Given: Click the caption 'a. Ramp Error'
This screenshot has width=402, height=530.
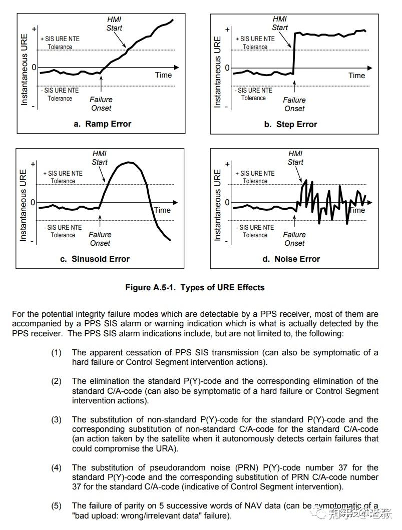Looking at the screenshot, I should [x=102, y=124].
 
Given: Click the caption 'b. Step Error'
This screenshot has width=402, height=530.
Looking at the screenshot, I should [x=291, y=124].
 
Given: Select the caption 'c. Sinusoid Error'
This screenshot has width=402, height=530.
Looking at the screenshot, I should [x=101, y=259].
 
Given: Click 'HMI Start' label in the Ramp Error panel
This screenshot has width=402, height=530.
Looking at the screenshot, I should [x=114, y=24].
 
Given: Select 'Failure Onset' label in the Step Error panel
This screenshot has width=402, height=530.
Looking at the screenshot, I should [x=294, y=104].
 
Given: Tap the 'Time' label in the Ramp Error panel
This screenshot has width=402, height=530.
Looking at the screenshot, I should [x=163, y=75].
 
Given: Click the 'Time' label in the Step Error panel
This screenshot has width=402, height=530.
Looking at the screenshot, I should [x=356, y=76].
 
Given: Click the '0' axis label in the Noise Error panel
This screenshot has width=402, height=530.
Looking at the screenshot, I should [x=227, y=203].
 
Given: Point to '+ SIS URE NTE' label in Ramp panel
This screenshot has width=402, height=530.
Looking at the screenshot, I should [x=62, y=39].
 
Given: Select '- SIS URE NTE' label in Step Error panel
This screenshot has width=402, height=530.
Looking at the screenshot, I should [x=254, y=90].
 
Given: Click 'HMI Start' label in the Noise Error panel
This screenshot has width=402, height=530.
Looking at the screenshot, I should [x=295, y=158].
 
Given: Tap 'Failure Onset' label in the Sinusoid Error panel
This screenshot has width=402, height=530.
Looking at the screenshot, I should [x=100, y=239].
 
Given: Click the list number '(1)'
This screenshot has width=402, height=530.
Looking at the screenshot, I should [x=56, y=353].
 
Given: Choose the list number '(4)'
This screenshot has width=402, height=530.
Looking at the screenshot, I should [x=56, y=468].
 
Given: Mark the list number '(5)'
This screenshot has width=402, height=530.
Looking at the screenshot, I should [x=56, y=506].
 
